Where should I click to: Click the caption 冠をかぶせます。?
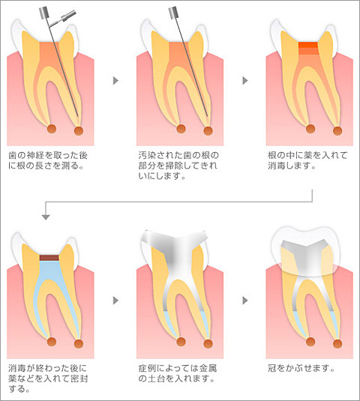pyautogui.click(x=301, y=368)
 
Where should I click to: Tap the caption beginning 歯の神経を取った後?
pyautogui.click(x=48, y=160)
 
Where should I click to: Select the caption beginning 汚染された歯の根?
pyautogui.click(x=178, y=166)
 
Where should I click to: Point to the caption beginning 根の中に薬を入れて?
pyautogui.click(x=307, y=160)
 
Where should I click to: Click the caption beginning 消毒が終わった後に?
pyautogui.click(x=48, y=379)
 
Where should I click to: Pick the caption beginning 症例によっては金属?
pyautogui.click(x=178, y=373)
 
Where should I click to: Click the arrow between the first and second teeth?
pyautogui.click(x=115, y=80)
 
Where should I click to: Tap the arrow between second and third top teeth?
pyautogui.click(x=245, y=80)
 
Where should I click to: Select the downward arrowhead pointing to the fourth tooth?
pyautogui.click(x=46, y=217)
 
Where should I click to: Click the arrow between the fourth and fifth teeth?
pyautogui.click(x=115, y=301)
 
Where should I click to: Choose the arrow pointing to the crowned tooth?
pyautogui.click(x=245, y=301)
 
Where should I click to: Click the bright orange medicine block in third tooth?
pyautogui.click(x=308, y=45)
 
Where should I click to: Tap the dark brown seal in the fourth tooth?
pyautogui.click(x=49, y=258)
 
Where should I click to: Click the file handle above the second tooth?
pyautogui.click(x=173, y=13)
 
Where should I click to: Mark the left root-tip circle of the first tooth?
pyautogui.click(x=52, y=129)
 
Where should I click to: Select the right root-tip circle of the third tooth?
pyautogui.click(x=337, y=130)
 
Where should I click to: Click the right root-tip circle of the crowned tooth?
pyautogui.click(x=337, y=343)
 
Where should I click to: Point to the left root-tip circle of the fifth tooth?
pyautogui.click(x=181, y=342)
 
